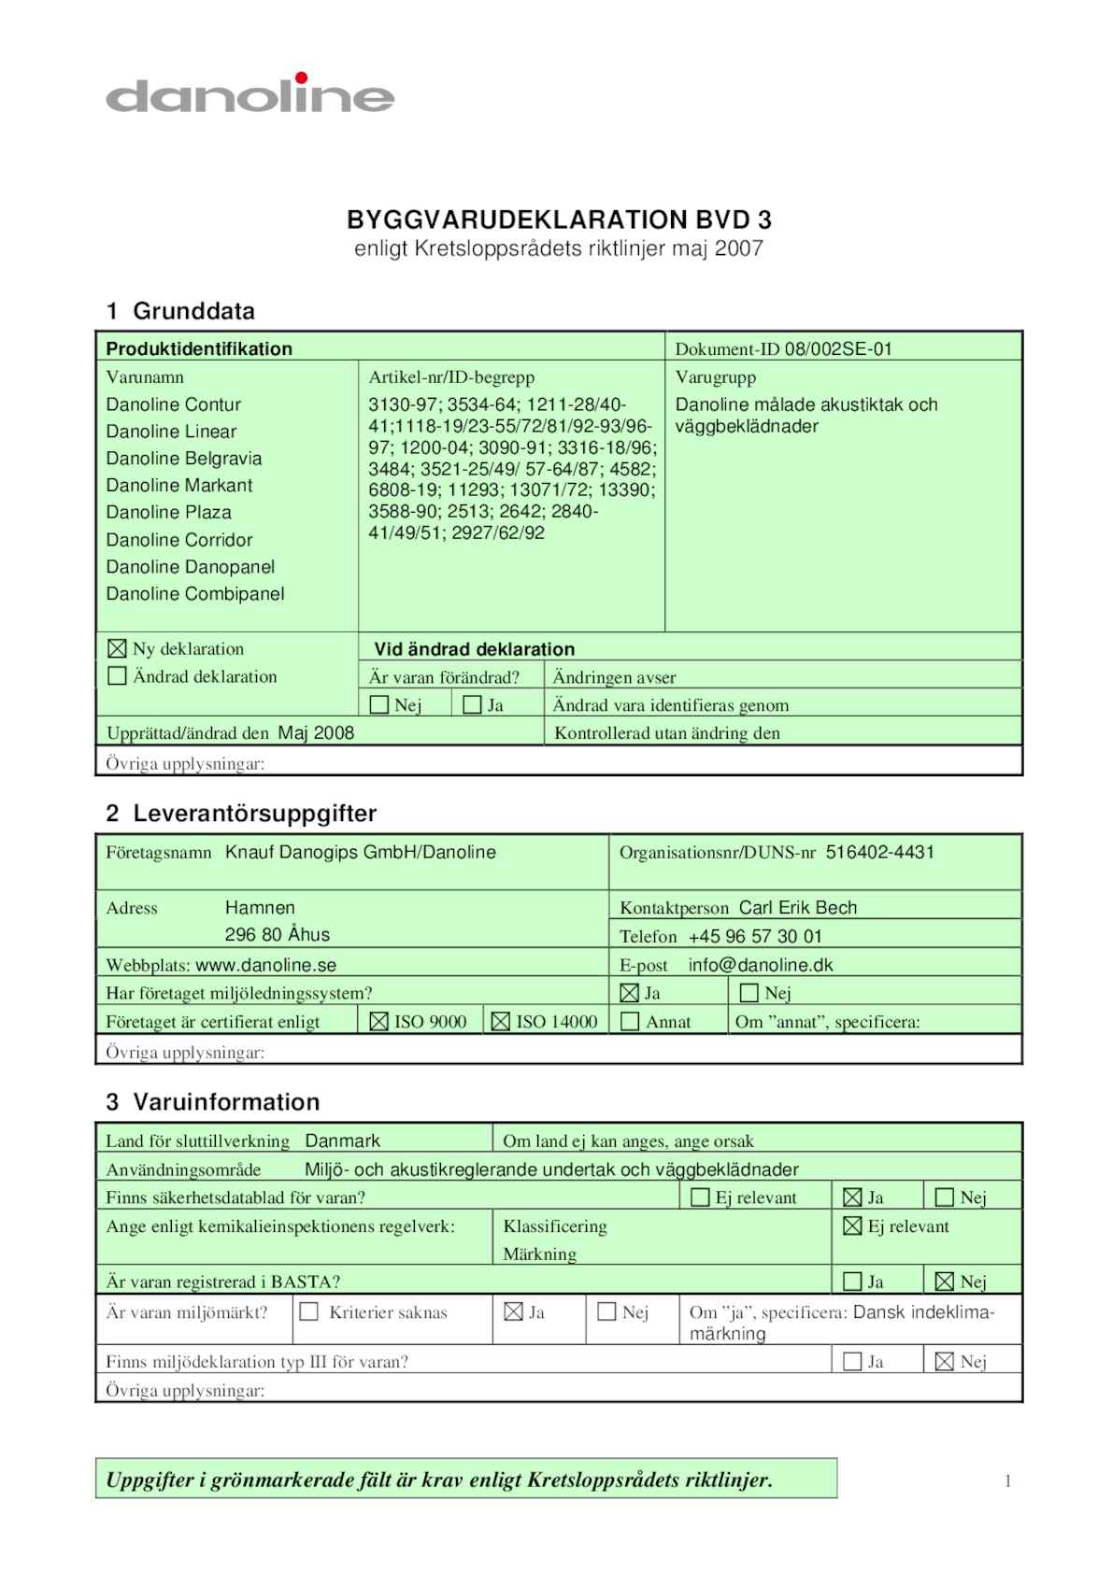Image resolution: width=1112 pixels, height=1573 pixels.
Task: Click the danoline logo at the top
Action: [249, 94]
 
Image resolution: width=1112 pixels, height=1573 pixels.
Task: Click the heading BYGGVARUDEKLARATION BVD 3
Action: [559, 220]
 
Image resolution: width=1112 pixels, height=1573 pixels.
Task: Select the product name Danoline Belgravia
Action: [184, 459]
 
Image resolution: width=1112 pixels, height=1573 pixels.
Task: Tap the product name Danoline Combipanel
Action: [195, 594]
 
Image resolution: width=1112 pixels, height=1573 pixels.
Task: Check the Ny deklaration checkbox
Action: [117, 648]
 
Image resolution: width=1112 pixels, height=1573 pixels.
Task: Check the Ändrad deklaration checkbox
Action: [117, 675]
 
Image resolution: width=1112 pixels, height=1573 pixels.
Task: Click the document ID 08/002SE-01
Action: [838, 349]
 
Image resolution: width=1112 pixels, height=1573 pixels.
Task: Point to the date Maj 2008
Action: [316, 733]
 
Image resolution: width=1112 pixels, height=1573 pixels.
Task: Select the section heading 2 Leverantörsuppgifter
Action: [241, 814]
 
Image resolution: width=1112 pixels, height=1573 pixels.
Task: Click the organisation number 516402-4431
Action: [879, 852]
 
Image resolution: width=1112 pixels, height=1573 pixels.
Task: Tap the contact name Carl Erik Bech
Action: [797, 908]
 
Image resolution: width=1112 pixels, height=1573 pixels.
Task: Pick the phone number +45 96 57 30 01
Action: [755, 937]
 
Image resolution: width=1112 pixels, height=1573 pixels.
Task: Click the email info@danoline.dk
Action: [760, 965]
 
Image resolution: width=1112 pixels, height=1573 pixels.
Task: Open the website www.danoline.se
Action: [265, 966]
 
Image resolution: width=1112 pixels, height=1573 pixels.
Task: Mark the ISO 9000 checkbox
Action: [378, 1022]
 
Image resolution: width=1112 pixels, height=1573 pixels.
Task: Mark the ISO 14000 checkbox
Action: [501, 1022]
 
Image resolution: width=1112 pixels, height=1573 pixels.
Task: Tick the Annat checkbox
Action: [631, 1022]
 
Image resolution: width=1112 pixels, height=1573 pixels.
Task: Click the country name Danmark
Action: [343, 1141]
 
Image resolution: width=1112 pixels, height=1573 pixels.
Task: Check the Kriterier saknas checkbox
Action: [308, 1312]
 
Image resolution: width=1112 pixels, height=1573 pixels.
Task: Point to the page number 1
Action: [1007, 1481]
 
